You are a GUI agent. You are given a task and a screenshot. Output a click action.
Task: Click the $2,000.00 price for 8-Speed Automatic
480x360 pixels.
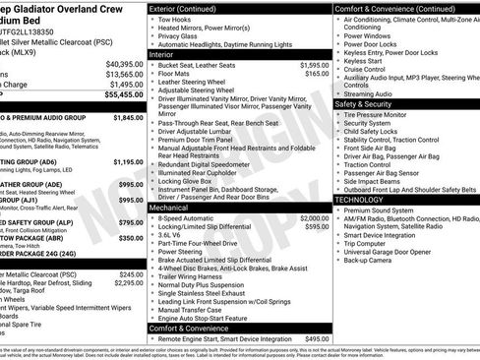click(x=312, y=217)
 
